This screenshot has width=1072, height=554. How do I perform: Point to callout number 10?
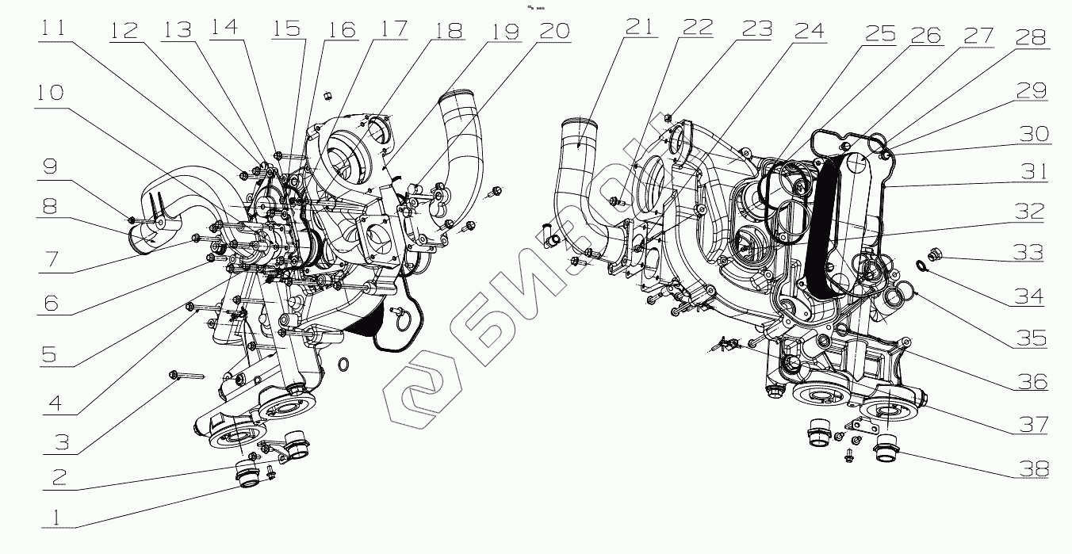pos(49,94)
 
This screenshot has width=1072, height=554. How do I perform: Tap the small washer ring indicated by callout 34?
pos(921,266)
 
